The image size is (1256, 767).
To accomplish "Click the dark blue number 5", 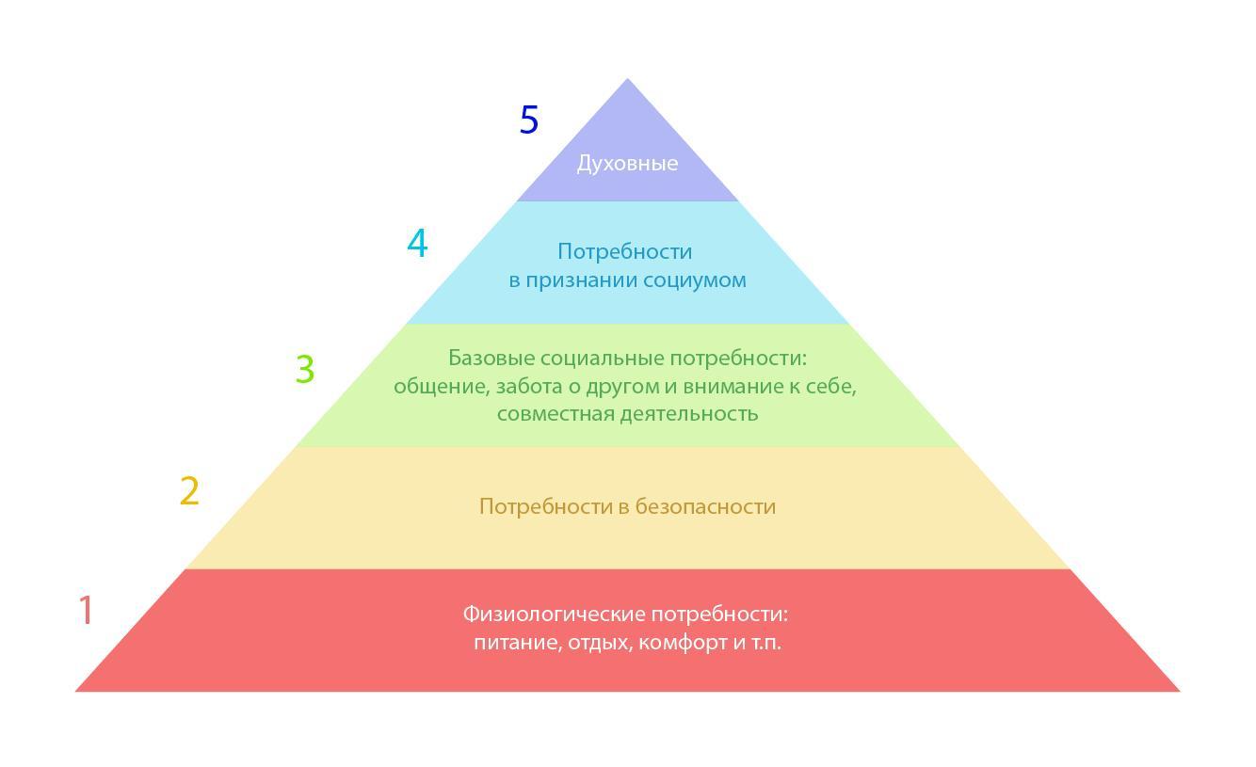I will (x=529, y=120).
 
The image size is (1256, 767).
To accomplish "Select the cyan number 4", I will (x=417, y=244).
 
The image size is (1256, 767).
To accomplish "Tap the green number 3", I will (x=304, y=369).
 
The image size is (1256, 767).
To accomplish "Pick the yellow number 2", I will (x=189, y=491).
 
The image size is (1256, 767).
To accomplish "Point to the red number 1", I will (x=86, y=610).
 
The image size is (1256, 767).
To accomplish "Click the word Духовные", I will (x=627, y=164).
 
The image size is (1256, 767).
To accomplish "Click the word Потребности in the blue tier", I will (x=624, y=251).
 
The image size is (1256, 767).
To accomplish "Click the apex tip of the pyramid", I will (x=628, y=81).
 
